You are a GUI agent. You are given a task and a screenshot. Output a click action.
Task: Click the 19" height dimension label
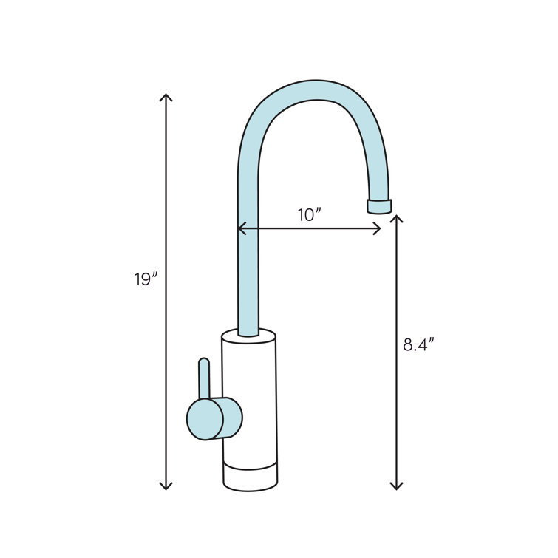146,279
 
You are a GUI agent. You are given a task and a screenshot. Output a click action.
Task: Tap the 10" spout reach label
309,215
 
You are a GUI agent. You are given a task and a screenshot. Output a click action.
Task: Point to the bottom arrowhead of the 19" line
166,486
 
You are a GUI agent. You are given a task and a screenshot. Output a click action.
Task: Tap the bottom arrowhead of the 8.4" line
397,486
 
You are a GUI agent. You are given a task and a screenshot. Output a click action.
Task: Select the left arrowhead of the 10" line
240,229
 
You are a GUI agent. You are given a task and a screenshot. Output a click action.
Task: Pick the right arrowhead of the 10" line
378,229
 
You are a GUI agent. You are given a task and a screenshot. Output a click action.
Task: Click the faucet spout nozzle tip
380,205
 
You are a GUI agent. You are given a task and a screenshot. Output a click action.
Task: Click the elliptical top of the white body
249,337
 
